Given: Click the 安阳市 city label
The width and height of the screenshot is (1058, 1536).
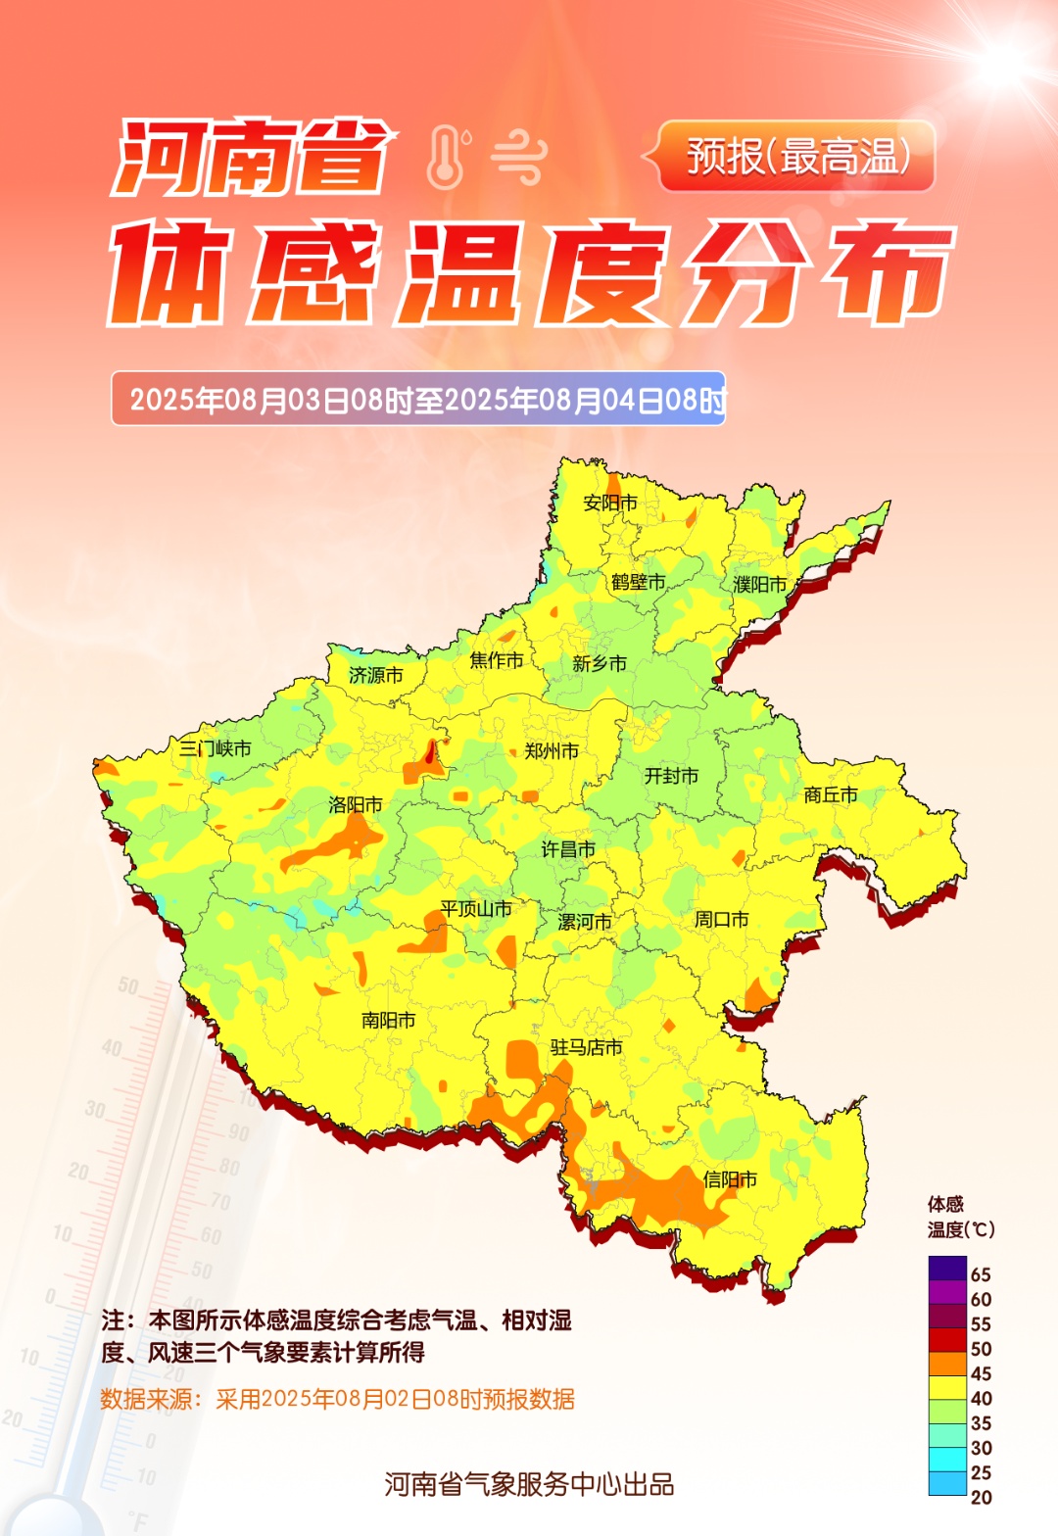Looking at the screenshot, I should point(610,503).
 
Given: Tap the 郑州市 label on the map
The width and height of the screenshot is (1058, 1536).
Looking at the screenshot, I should point(552,751).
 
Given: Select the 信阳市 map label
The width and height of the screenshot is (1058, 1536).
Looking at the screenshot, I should point(730,1179).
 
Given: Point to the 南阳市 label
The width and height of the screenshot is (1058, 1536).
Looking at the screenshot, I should point(388,1020).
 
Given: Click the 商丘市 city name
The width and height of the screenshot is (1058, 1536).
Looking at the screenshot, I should point(831,795).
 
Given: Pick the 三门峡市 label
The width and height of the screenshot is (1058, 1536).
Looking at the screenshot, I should point(216,748).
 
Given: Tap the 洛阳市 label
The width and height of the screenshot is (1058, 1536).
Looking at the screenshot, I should point(356,805).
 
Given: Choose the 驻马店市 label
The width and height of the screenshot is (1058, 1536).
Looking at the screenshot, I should point(586,1047).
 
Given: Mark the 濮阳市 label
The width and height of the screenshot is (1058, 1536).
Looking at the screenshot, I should point(760,585).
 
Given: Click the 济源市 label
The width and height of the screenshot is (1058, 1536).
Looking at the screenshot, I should point(376,675).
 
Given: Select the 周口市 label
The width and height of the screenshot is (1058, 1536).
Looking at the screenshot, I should point(722,919).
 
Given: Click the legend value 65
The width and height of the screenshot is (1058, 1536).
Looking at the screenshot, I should point(981,1274).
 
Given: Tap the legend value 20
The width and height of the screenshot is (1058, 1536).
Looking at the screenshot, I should point(981,1497).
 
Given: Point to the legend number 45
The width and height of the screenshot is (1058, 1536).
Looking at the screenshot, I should point(981,1373).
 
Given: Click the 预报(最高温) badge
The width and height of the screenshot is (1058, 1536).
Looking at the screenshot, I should point(797,156).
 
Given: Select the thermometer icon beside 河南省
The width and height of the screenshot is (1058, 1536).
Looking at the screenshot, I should point(447,157).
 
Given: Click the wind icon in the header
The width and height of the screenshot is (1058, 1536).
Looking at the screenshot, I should point(518,157).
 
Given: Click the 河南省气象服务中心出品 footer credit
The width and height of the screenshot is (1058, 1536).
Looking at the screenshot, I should point(529,1484).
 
